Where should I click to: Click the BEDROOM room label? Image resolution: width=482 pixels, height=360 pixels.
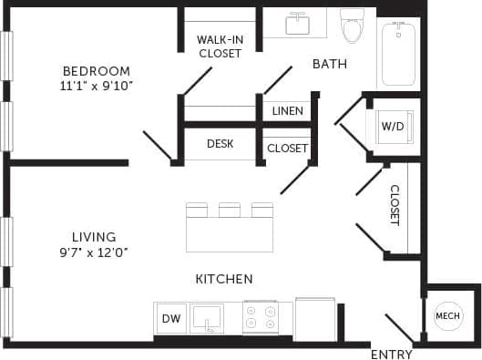[96, 71]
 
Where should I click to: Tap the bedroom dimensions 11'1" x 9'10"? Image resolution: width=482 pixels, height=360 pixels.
[96, 87]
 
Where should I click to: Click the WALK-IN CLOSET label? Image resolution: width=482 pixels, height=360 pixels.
[220, 46]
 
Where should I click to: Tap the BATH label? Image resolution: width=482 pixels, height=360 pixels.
[329, 64]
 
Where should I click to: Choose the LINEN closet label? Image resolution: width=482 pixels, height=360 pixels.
[288, 111]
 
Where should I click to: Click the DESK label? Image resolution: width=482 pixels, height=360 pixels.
[220, 144]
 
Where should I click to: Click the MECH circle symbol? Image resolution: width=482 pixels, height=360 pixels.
[447, 316]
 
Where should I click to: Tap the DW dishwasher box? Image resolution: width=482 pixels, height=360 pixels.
[170, 318]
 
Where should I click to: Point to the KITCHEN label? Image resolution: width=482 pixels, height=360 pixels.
[224, 279]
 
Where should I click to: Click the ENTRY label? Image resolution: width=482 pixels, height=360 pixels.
[391, 354]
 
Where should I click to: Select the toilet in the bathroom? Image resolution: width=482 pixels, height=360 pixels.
[352, 27]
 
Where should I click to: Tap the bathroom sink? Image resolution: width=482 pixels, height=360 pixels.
[298, 24]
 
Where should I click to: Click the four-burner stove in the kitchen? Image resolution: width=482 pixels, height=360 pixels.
[261, 317]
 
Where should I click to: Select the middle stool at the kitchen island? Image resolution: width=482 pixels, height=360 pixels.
[230, 211]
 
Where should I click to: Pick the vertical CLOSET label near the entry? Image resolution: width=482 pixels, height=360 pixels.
[395, 205]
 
